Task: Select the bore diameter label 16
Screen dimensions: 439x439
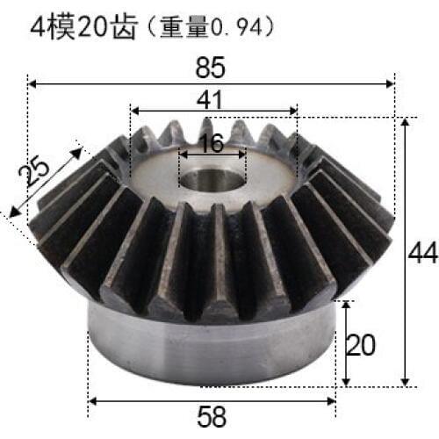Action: [x=211, y=143]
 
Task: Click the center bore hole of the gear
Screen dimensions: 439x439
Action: [x=212, y=178]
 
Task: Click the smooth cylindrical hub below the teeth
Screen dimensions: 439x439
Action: [x=211, y=351]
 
